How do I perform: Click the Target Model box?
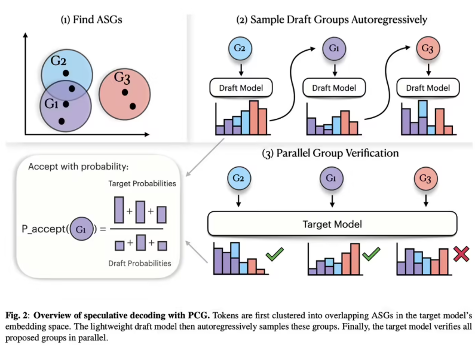[332, 225]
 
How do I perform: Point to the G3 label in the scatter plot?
[122, 78]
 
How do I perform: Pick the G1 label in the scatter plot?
[51, 103]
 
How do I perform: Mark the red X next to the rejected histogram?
[461, 255]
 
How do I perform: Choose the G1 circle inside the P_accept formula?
[81, 228]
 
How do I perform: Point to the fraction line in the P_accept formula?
[137, 228]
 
